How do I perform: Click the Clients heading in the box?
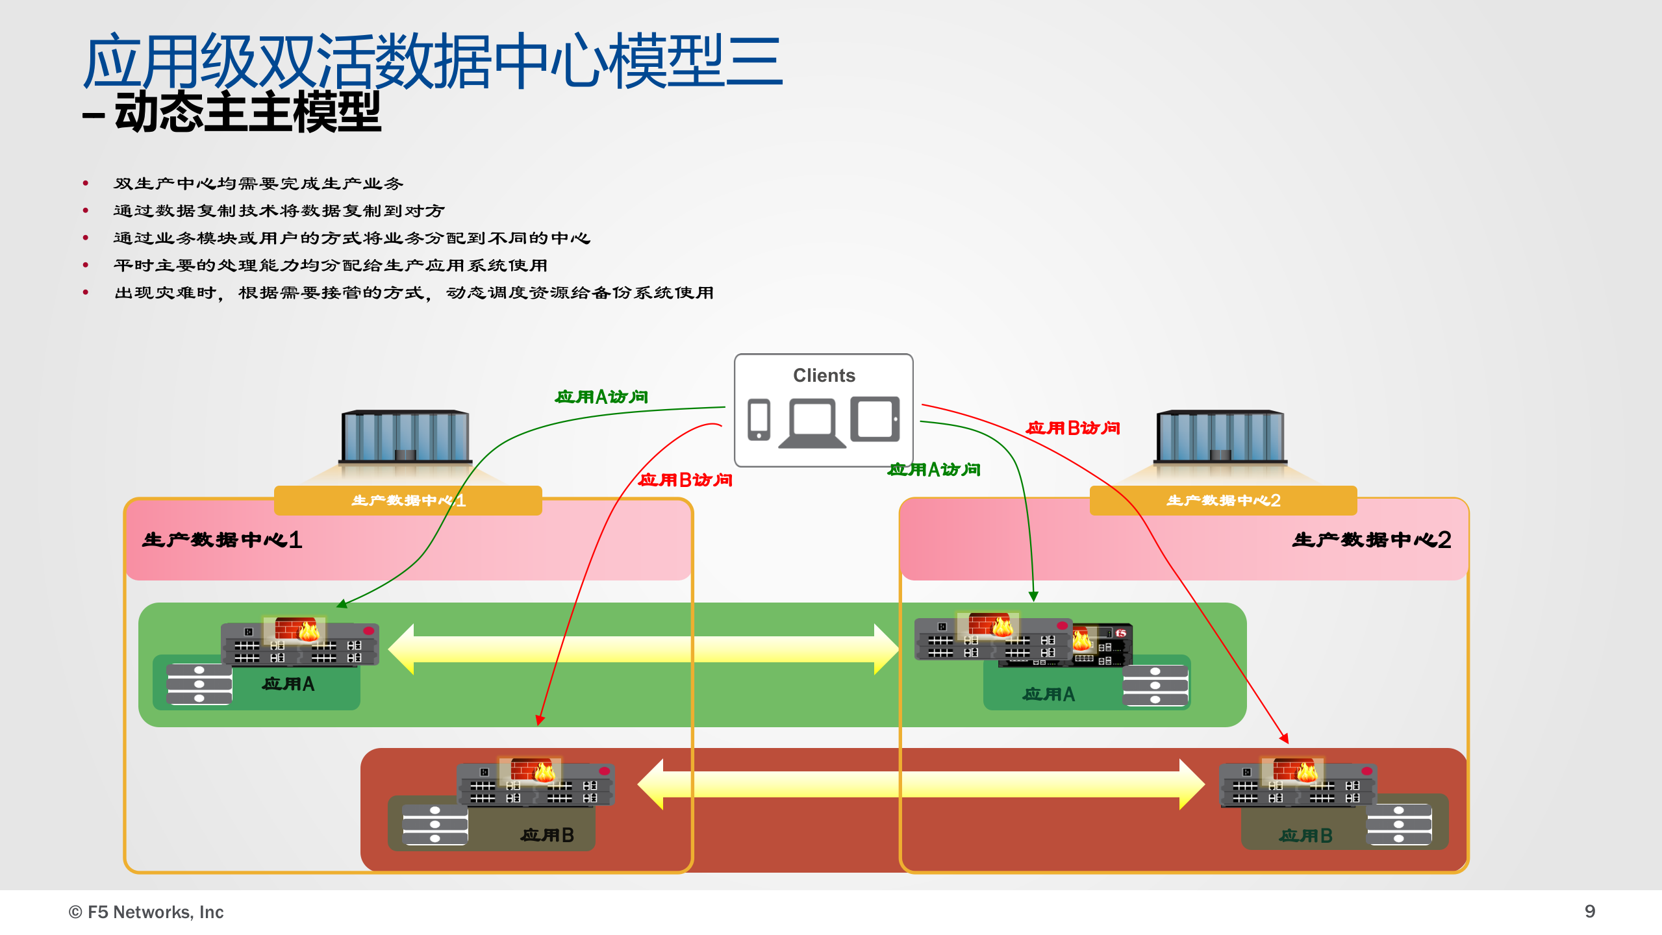coord(824,375)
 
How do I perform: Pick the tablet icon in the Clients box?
coord(875,419)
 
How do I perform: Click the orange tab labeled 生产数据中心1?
coord(408,501)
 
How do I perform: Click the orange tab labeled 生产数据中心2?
coord(1223,501)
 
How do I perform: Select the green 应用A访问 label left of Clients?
coord(601,397)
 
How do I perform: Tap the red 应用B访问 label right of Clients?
coord(1073,428)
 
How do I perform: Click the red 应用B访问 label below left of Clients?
coord(685,480)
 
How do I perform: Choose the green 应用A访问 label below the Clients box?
coord(934,469)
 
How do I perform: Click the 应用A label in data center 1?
coord(288,684)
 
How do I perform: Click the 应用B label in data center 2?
coord(1305,836)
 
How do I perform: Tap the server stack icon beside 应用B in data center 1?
coord(434,825)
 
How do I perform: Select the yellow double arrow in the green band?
coord(643,649)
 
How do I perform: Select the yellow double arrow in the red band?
coord(921,784)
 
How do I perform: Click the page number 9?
coord(1589,912)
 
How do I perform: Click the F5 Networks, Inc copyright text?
coord(146,912)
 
